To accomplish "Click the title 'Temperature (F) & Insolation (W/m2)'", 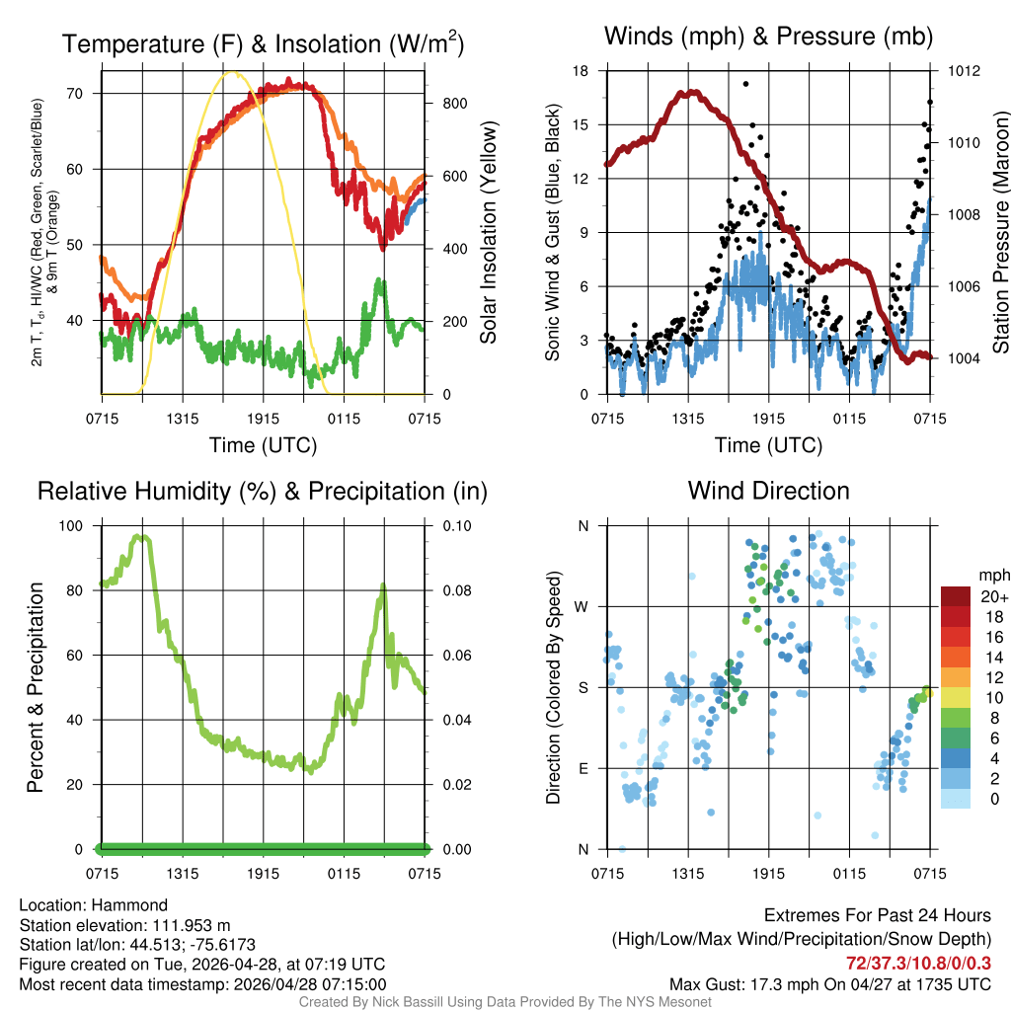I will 263,43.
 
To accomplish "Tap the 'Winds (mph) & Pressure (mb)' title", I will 768,37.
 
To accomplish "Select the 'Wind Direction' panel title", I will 768,491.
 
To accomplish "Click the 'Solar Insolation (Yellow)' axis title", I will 488,233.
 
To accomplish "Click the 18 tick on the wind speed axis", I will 581,71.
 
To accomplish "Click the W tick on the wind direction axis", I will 583,606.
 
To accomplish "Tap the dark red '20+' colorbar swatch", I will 956,596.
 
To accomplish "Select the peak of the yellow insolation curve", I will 231,71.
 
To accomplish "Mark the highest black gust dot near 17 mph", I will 745,84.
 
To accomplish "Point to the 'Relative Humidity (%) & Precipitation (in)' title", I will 263,491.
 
